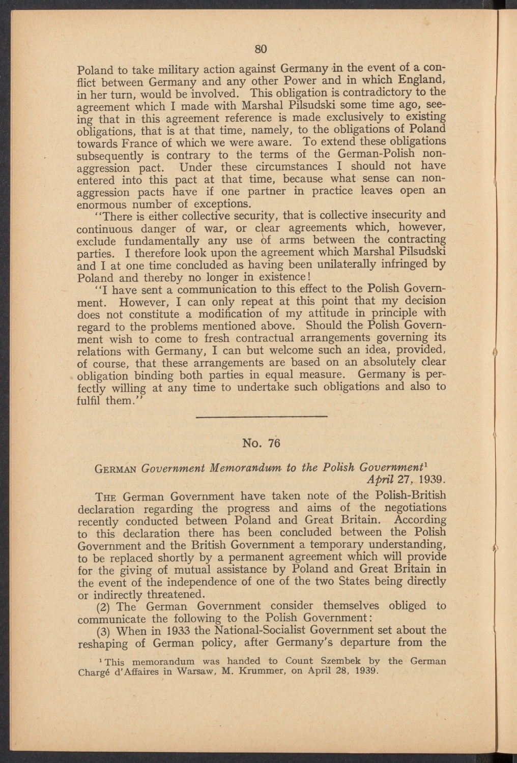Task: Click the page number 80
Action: pos(261,49)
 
